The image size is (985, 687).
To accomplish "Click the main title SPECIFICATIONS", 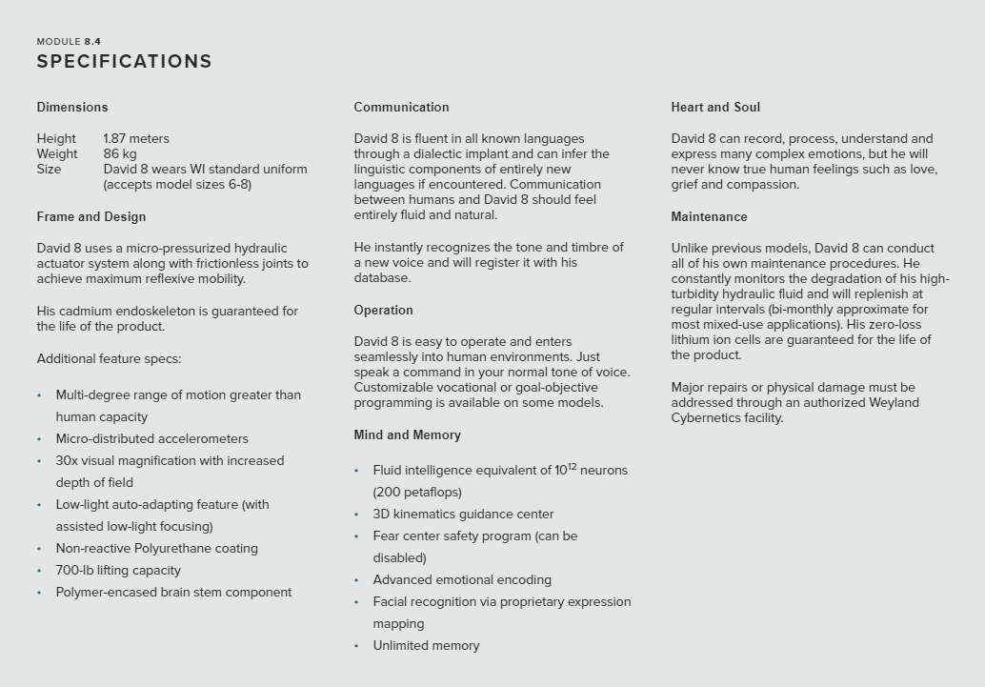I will point(124,62).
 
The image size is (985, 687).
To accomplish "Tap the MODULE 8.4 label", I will point(69,42).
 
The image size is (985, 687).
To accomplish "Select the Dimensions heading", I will point(72,107).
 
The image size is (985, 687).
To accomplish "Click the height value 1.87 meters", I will point(136,138).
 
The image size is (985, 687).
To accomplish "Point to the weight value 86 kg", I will point(120,153).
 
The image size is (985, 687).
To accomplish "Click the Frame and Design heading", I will point(91,216).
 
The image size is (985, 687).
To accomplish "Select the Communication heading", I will point(401,107).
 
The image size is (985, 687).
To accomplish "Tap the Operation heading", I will point(383,310).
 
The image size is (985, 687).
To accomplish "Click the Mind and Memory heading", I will point(407,434).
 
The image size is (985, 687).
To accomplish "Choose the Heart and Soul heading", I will point(715,107).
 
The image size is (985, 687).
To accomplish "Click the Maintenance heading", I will point(709,216).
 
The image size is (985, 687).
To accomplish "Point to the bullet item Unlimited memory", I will point(426,645).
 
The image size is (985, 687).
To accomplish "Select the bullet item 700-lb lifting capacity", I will point(118,570).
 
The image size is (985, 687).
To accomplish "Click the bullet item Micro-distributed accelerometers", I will point(151,438).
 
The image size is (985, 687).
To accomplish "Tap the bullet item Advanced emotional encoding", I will point(462,579).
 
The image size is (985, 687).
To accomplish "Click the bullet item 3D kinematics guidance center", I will point(463,514).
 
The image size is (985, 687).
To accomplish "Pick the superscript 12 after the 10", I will point(572,466).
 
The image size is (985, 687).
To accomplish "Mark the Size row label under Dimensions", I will point(49,169).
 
